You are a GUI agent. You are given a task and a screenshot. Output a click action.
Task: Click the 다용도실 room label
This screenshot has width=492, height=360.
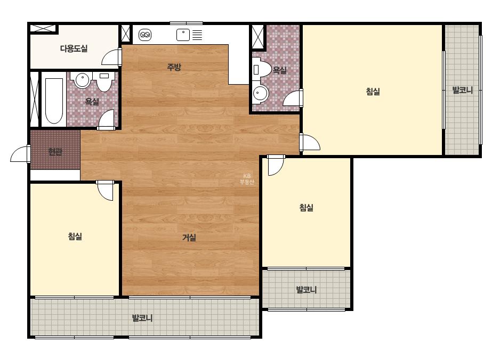(x=74, y=48)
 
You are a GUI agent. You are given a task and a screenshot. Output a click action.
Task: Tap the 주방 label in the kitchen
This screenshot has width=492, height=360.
(x=174, y=67)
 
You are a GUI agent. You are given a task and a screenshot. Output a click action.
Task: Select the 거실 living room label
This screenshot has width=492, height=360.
(x=189, y=238)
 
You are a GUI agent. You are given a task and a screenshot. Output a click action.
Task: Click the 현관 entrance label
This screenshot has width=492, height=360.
(x=55, y=152)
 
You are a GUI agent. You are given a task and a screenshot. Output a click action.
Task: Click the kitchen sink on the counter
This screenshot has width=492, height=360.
(x=183, y=35)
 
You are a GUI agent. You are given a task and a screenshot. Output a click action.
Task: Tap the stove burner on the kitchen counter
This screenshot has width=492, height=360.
(x=144, y=35)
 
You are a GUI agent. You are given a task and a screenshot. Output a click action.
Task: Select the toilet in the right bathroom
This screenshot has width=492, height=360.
(x=262, y=69)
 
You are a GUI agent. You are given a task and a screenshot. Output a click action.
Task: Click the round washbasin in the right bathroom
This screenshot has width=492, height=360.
(x=260, y=93)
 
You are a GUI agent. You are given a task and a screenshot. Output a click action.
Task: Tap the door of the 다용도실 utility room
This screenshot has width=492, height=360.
(x=112, y=57)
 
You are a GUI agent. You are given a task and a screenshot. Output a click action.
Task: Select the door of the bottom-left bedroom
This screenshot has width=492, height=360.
(x=105, y=190)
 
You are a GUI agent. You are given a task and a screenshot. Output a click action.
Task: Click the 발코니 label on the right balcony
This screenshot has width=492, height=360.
(x=462, y=91)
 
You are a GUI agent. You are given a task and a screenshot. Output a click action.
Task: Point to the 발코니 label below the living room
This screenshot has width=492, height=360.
(x=142, y=318)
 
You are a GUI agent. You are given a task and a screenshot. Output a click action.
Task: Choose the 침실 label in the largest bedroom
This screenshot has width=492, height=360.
(x=373, y=92)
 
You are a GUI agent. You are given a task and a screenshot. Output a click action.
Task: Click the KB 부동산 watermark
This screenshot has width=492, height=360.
(x=247, y=179)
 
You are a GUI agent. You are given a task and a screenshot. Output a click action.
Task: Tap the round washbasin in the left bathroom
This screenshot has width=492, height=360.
(x=82, y=80)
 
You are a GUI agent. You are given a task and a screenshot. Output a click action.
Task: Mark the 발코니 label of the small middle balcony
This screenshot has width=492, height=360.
(x=307, y=290)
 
